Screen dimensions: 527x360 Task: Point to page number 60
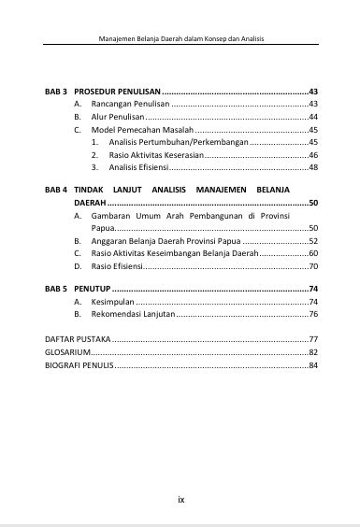coord(313,253)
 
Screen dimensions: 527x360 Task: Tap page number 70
coord(313,265)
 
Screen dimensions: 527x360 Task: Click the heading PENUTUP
coord(92,289)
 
